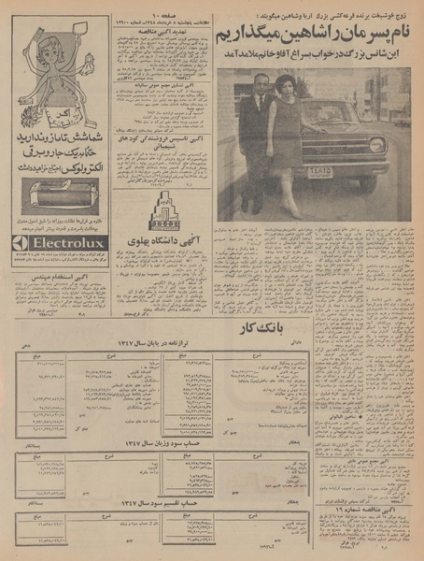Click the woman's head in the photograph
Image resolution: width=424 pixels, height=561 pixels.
284,87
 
